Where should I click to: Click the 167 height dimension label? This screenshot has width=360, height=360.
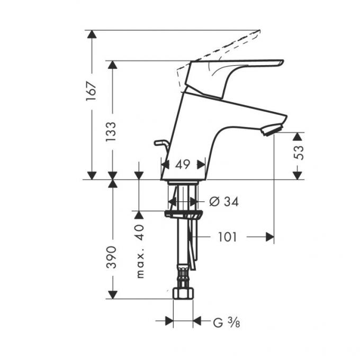(91, 91)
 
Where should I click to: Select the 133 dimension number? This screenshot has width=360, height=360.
(111, 132)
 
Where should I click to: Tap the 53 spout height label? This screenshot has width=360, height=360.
(299, 152)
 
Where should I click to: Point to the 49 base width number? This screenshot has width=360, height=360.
(183, 165)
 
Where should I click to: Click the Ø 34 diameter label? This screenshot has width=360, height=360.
(224, 202)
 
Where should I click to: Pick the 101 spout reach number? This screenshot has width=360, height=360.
(227, 237)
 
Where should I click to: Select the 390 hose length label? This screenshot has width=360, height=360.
(112, 257)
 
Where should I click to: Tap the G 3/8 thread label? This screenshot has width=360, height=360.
(227, 322)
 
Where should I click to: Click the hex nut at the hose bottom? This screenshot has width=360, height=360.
(183, 293)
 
